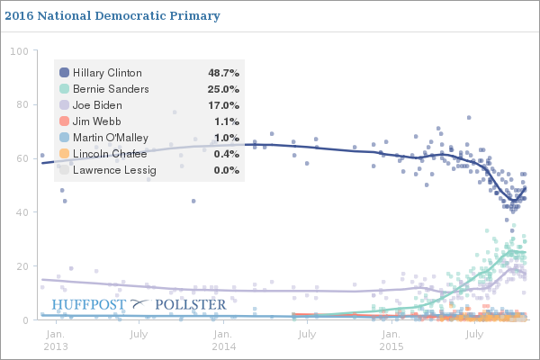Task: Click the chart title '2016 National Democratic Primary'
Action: (112, 16)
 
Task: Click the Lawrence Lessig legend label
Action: (114, 169)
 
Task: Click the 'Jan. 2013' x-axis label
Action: (56, 339)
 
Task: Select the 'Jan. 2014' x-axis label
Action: (223, 339)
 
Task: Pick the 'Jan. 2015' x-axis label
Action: (391, 339)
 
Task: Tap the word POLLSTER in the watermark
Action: (191, 305)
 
